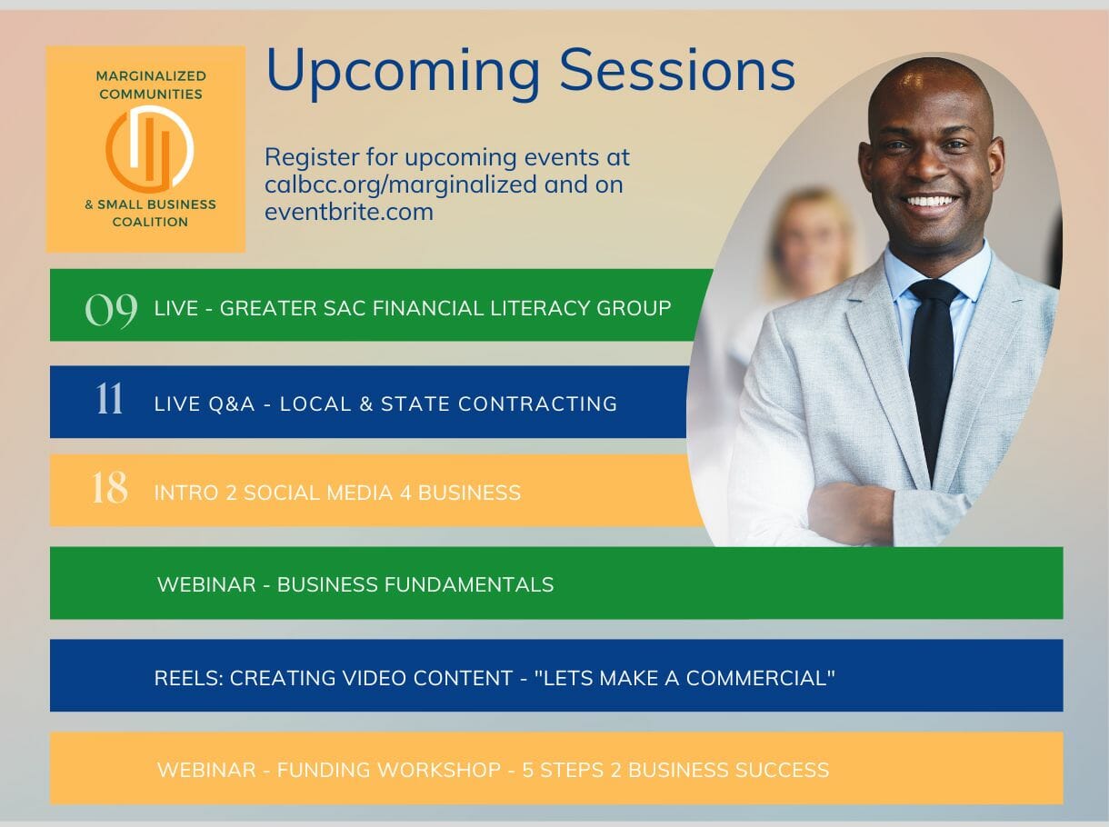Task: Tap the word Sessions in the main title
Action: [x=677, y=70]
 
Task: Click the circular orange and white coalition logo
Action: [x=150, y=149]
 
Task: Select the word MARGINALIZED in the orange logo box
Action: [x=151, y=75]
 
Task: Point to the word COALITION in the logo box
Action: [x=150, y=222]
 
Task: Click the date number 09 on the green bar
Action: [x=111, y=310]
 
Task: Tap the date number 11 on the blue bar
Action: [x=109, y=399]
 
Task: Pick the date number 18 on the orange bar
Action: [x=110, y=487]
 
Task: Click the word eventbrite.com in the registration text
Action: [x=349, y=212]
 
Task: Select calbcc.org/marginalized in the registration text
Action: [x=401, y=184]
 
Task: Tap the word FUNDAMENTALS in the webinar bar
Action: [x=469, y=584]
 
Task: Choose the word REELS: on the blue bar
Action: [x=188, y=678]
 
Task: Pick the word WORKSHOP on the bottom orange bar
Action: [x=389, y=770]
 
